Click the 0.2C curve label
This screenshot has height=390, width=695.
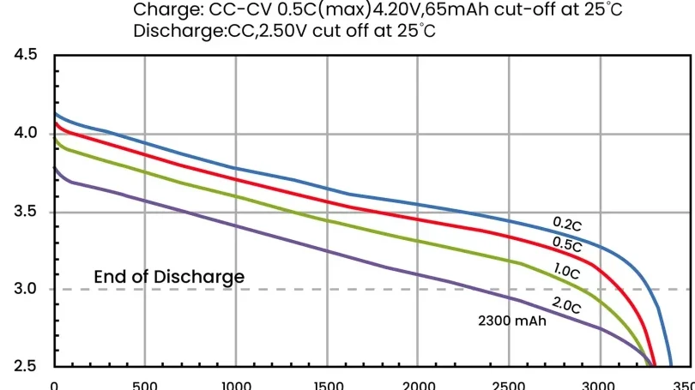tap(567, 225)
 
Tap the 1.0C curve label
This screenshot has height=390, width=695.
tap(567, 273)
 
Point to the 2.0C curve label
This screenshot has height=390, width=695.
tap(567, 303)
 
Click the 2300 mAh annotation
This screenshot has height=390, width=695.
tap(511, 322)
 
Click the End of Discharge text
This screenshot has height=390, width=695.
tap(169, 277)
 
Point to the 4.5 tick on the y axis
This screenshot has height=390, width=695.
tap(26, 55)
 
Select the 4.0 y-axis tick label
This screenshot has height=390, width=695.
tap(26, 134)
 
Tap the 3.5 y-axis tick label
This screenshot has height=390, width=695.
tap(26, 212)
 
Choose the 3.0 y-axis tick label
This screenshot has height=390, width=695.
tap(26, 290)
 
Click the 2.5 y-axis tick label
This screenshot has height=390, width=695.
tap(26, 367)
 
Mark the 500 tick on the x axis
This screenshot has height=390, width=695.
tap(144, 385)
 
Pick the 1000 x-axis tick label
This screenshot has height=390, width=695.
tap(235, 385)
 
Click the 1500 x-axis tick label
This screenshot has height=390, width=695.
tap(326, 385)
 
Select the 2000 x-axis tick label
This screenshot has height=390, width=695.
tap(417, 385)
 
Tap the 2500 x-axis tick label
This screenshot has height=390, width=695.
tap(508, 385)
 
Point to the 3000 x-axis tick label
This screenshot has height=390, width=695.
tap(599, 385)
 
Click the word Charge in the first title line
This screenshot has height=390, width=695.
tap(165, 11)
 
